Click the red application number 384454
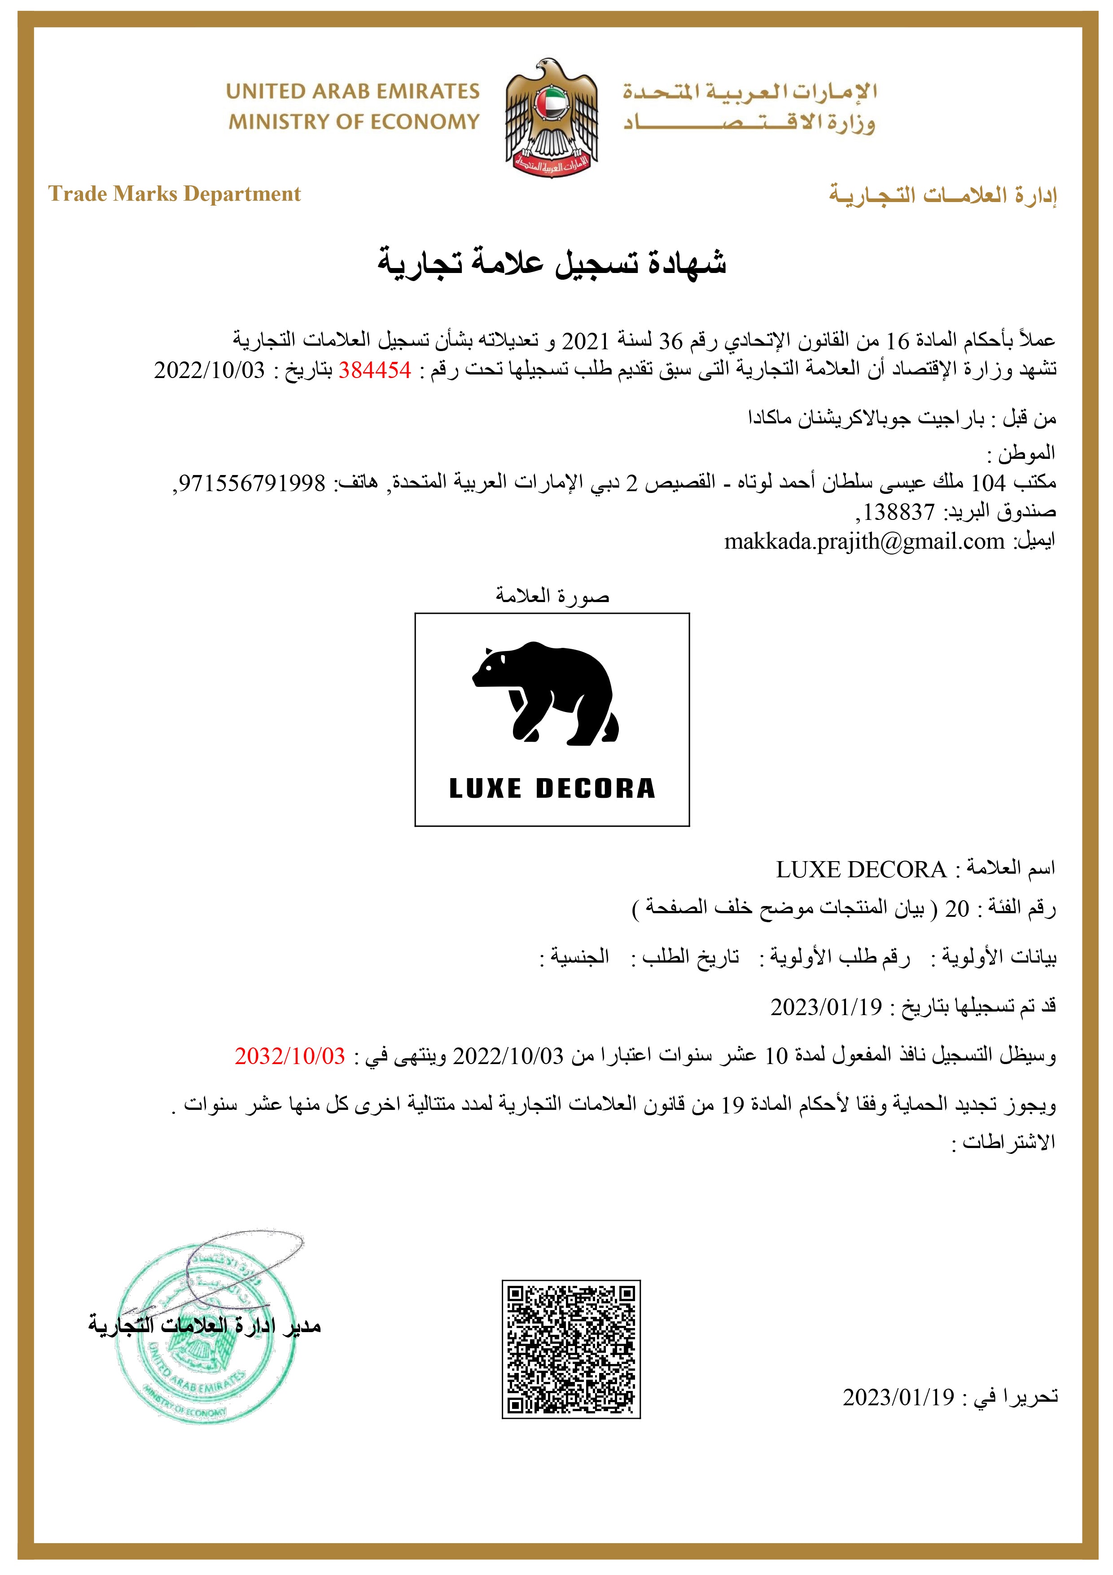pyautogui.click(x=374, y=370)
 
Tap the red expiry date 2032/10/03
pyautogui.click(x=289, y=1056)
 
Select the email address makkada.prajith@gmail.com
pyautogui.click(x=864, y=542)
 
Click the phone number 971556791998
pyautogui.click(x=252, y=483)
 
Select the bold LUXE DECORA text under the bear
pyautogui.click(x=552, y=788)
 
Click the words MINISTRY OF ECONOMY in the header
pyautogui.click(x=354, y=122)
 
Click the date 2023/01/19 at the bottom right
pyautogui.click(x=898, y=1397)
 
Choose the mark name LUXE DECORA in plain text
pyautogui.click(x=861, y=870)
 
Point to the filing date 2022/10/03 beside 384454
pyautogui.click(x=209, y=370)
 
